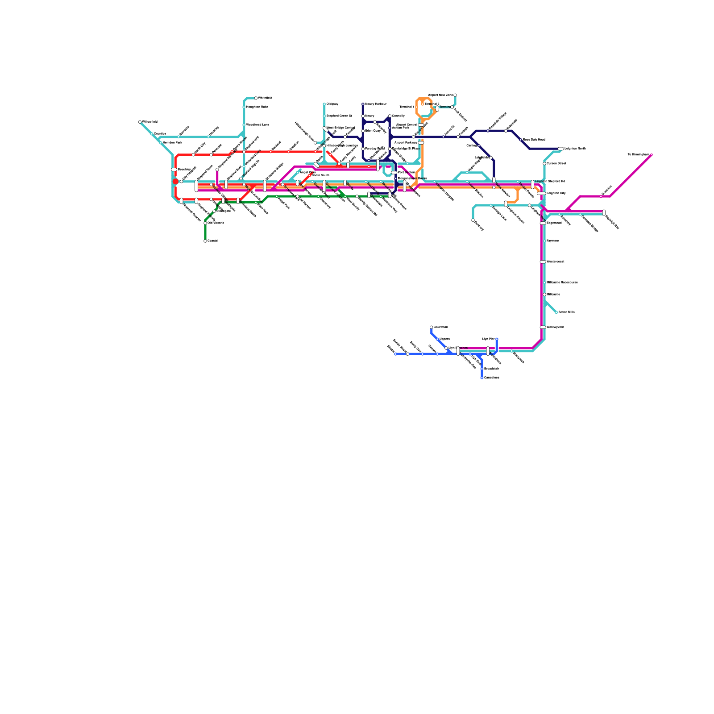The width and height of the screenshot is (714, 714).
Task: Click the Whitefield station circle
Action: click(x=256, y=98)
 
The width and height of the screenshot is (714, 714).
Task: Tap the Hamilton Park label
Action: click(x=172, y=143)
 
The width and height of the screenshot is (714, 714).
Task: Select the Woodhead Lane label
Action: click(x=257, y=125)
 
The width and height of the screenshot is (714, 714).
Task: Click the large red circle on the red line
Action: click(x=175, y=182)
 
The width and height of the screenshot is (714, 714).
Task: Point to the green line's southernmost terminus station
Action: click(x=205, y=241)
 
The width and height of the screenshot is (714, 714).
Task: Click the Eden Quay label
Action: click(x=373, y=131)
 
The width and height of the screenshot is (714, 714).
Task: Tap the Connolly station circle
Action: click(x=390, y=116)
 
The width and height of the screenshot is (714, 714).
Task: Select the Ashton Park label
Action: click(x=400, y=128)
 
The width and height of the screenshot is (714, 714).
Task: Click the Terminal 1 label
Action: click(x=407, y=107)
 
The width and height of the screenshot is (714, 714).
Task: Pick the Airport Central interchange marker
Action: click(x=421, y=125)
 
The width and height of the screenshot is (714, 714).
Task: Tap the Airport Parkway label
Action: click(x=406, y=143)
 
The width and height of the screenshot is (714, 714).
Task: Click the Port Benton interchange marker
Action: click(x=394, y=173)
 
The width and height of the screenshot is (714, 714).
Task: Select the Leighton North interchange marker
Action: click(x=561, y=149)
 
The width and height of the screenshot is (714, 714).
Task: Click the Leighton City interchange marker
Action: click(x=541, y=194)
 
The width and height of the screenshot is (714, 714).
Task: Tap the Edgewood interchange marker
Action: click(x=543, y=223)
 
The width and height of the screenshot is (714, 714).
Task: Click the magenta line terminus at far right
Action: click(x=652, y=155)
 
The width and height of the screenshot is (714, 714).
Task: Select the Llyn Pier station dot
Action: click(x=497, y=339)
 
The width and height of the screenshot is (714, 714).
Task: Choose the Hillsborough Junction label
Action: click(x=342, y=146)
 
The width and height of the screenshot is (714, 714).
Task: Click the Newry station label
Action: click(x=369, y=116)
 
